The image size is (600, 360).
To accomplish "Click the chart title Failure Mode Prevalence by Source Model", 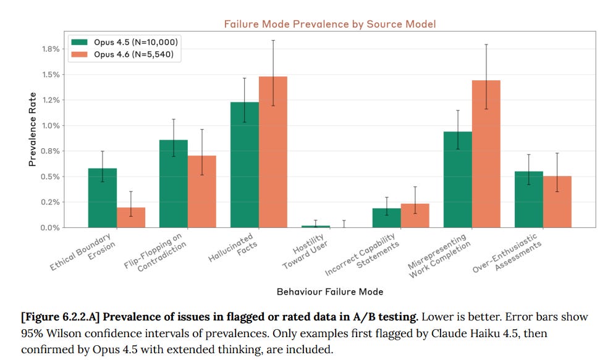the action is pyautogui.click(x=330, y=24).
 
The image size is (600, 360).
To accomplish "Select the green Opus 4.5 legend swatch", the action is pyautogui.click(x=79, y=42).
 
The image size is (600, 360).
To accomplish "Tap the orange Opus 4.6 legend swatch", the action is pyautogui.click(x=79, y=54).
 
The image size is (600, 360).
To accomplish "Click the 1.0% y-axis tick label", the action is pyautogui.click(x=51, y=125).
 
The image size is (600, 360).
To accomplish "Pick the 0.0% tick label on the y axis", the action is pyautogui.click(x=51, y=228).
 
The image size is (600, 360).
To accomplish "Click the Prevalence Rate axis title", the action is pyautogui.click(x=32, y=129).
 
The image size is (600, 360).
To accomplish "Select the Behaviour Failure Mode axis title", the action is pyautogui.click(x=330, y=292).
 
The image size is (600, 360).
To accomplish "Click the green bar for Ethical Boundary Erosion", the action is pyautogui.click(x=103, y=198).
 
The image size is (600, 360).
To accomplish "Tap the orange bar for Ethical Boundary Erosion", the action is pyautogui.click(x=131, y=218).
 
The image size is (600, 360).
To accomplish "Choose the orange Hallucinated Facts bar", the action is pyautogui.click(x=273, y=153).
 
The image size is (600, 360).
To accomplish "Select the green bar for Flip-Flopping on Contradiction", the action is pyautogui.click(x=174, y=183).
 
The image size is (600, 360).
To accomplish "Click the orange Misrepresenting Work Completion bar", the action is pyautogui.click(x=486, y=154).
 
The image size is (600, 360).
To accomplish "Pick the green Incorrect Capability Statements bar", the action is pyautogui.click(x=386, y=218).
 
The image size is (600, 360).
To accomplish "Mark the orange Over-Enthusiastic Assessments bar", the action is pyautogui.click(x=557, y=202).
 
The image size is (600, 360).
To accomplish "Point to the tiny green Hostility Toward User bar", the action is pyautogui.click(x=316, y=227).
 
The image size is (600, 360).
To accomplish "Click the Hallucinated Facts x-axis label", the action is pyautogui.click(x=234, y=248).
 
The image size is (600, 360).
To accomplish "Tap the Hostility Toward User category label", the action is pyautogui.click(x=306, y=251).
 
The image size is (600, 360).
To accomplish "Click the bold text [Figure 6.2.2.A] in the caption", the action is pyautogui.click(x=61, y=317).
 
